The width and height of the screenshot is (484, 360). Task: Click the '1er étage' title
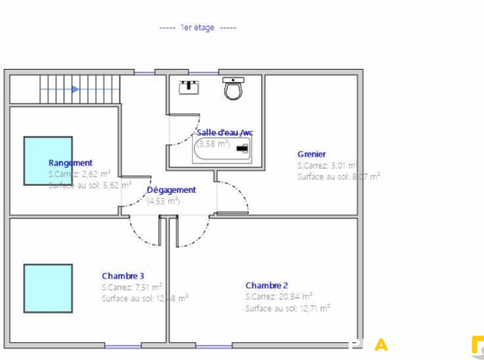197,28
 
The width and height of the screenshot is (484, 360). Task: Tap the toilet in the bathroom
234,88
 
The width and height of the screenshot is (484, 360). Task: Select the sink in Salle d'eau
190,87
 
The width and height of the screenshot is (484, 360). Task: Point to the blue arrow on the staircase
75,89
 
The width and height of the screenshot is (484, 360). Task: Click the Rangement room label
70,163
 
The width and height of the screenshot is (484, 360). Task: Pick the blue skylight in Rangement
48,160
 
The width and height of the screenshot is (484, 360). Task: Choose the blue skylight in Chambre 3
48,288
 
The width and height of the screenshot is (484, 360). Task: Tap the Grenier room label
312,154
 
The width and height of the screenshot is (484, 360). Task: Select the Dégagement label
171,190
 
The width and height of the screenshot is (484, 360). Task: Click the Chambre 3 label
123,276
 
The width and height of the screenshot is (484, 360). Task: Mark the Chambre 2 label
267,285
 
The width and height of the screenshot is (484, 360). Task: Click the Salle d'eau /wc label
225,132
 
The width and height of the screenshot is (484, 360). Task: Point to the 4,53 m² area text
163,201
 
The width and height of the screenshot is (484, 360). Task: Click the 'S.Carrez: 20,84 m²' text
279,296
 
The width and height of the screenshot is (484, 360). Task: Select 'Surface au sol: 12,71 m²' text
287,308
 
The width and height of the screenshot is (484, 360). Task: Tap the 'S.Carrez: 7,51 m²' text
132,287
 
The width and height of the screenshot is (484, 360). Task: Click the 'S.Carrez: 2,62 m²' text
79,173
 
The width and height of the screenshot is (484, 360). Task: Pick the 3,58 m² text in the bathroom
213,144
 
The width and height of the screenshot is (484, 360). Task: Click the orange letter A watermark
381,345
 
